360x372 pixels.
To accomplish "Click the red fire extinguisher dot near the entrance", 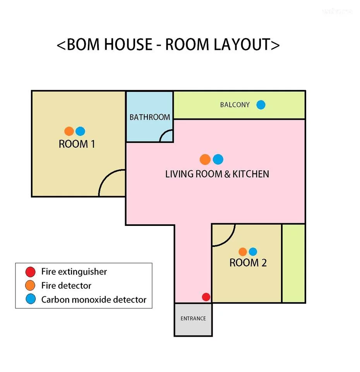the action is pyautogui.click(x=206, y=297).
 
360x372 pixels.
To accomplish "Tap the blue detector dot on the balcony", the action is pyautogui.click(x=261, y=105).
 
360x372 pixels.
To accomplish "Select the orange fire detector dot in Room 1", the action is pyautogui.click(x=69, y=131).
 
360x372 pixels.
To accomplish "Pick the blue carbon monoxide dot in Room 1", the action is pyautogui.click(x=81, y=131).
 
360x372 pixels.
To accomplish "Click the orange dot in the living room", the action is pyautogui.click(x=205, y=159).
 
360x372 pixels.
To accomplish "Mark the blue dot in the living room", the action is pyautogui.click(x=218, y=159).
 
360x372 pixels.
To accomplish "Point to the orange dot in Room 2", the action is pyautogui.click(x=242, y=252).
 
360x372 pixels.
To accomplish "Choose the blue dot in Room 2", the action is pyautogui.click(x=253, y=252).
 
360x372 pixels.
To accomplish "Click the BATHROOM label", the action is pyautogui.click(x=150, y=117).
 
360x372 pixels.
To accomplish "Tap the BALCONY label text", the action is pyautogui.click(x=235, y=105).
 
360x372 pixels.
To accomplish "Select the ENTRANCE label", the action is pyautogui.click(x=193, y=319).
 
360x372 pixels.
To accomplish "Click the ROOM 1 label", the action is pyautogui.click(x=77, y=144).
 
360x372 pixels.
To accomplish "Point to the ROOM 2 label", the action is pyautogui.click(x=248, y=263).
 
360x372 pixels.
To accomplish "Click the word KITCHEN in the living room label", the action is pyautogui.click(x=251, y=174).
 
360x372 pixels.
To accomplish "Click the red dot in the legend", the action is pyautogui.click(x=30, y=272).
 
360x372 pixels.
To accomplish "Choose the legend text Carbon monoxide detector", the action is pyautogui.click(x=94, y=300).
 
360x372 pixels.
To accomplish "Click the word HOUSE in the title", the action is pyautogui.click(x=128, y=44).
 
